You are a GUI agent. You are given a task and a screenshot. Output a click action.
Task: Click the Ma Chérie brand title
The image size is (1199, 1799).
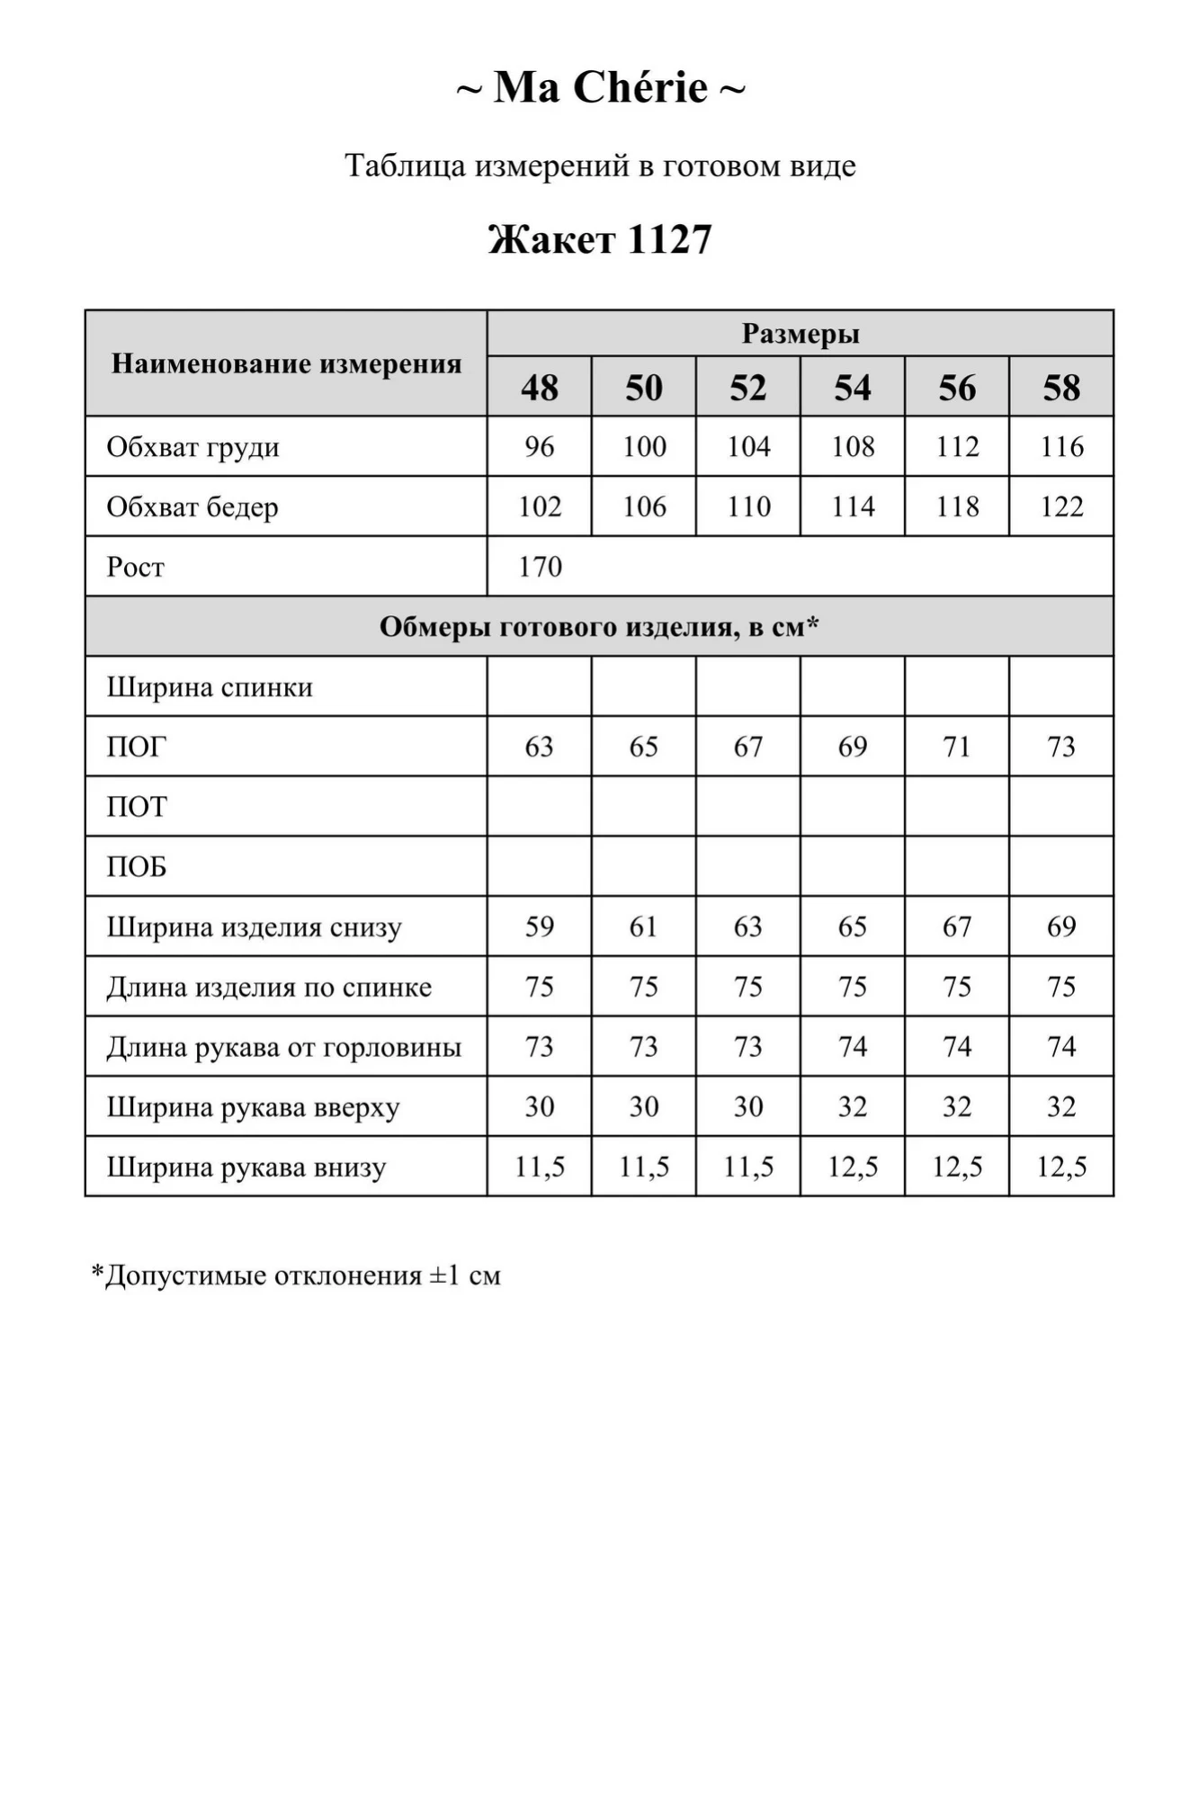[x=600, y=88]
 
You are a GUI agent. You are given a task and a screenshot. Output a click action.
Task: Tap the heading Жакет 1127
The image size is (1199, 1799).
[x=600, y=239]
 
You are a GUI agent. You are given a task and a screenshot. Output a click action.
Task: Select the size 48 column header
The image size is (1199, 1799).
[x=539, y=388]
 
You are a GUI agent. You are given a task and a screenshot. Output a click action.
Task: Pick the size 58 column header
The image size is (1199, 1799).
[x=1061, y=388]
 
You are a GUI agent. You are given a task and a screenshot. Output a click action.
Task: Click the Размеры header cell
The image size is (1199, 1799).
[x=800, y=334]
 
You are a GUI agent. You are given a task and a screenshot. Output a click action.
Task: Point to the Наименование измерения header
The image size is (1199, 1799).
[x=286, y=363]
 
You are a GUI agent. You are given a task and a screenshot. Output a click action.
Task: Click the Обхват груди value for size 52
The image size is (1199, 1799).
[x=748, y=446]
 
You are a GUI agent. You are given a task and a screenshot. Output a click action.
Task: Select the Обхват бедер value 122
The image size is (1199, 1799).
[x=1061, y=506]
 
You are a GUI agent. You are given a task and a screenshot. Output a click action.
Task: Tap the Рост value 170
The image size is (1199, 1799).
[x=540, y=567]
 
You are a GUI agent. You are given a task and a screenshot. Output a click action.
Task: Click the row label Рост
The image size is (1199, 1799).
[x=136, y=567]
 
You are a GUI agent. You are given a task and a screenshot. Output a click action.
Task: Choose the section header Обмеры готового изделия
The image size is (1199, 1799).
[x=599, y=626]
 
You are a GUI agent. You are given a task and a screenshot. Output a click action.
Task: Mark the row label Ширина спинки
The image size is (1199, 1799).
[x=210, y=687]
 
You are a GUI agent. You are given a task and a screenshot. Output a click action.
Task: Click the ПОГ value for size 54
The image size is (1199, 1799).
[x=853, y=747]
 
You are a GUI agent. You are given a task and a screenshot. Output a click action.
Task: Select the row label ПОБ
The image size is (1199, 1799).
[x=137, y=867]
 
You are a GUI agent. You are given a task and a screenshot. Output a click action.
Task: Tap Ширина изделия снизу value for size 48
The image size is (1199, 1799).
[x=539, y=926]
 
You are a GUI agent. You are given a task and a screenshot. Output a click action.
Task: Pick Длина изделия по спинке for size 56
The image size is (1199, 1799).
[x=957, y=987]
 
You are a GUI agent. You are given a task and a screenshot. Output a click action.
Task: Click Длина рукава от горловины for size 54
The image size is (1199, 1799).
[x=853, y=1047]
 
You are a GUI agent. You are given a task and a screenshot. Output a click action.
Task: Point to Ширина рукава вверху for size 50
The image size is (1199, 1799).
[x=643, y=1106]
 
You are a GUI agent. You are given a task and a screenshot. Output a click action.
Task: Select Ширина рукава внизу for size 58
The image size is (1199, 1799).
[x=1061, y=1167]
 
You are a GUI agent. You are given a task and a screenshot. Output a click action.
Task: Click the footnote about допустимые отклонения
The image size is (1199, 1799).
[x=296, y=1275]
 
